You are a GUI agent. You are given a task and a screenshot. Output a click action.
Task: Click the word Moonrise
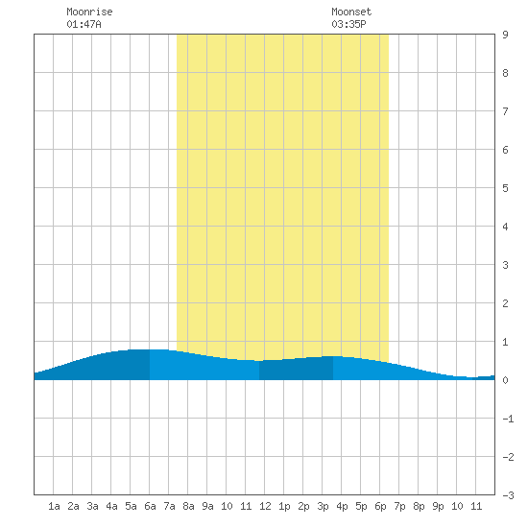pos(89,12)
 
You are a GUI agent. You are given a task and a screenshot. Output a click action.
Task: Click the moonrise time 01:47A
pos(84,24)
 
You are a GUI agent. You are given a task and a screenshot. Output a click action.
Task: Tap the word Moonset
pos(351,12)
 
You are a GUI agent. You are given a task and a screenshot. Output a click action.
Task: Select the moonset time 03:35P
pos(348,24)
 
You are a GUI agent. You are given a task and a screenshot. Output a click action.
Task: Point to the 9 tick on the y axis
pos(505,35)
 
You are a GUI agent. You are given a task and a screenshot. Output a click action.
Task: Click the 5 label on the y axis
pos(505,188)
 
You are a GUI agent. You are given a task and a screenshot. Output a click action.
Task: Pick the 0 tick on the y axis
pos(505,380)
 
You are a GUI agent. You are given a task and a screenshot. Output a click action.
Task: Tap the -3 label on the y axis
pos(508,495)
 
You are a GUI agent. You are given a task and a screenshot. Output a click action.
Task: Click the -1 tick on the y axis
pos(508,419)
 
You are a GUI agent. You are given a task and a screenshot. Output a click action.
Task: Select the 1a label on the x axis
pos(54,506)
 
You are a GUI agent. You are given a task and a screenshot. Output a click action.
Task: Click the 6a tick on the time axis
pos(150,506)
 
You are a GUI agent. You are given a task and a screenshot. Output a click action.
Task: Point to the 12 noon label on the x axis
pos(265,506)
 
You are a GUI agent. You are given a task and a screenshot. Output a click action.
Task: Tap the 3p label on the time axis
pos(323,506)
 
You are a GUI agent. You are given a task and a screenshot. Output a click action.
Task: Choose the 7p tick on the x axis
pos(399,506)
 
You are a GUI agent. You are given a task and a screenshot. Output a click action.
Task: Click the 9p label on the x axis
pos(438,506)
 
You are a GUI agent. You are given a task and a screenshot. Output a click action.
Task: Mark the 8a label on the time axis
pos(188,506)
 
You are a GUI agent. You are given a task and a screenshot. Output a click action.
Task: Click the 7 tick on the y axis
pos(505,111)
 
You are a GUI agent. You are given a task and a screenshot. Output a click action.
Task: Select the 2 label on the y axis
pos(505,303)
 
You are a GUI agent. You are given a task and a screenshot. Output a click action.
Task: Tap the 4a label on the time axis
pos(111,506)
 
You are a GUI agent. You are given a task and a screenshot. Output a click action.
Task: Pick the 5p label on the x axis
pos(361,506)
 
